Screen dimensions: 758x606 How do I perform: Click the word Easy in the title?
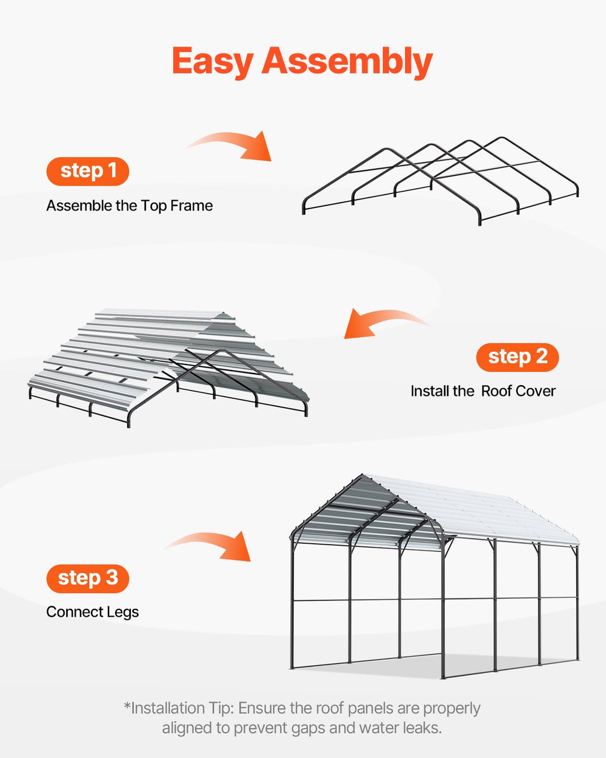212,62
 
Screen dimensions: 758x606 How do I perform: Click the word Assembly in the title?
347,62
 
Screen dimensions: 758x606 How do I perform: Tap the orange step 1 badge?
88,172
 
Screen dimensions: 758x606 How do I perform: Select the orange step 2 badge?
518,357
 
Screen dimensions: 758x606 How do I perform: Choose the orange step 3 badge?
88,578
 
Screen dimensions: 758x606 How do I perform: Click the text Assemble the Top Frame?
130,206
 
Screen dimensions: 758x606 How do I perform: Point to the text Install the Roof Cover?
483,391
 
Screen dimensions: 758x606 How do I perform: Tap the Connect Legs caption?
92,612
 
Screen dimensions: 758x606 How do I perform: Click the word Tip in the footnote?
221,708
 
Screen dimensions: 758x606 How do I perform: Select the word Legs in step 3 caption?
123,612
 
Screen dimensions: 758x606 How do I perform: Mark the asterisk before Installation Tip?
127,706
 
